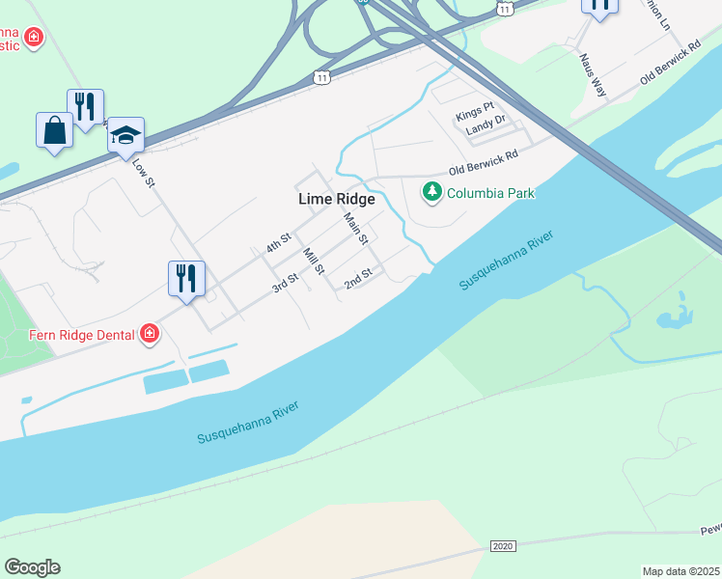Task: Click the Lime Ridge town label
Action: (x=336, y=199)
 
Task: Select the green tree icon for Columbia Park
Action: (x=431, y=193)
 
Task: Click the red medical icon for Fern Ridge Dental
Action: (x=149, y=334)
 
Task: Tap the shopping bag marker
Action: (x=54, y=131)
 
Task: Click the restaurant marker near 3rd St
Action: (x=185, y=279)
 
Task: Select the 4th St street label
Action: (x=280, y=242)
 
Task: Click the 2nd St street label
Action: (x=358, y=278)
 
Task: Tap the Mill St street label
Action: (x=313, y=262)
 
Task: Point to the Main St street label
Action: (x=356, y=229)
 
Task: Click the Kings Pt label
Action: (x=474, y=117)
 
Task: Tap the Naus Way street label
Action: (x=593, y=75)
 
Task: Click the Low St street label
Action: (x=142, y=172)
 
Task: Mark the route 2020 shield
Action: (x=502, y=546)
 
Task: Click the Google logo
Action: (x=32, y=567)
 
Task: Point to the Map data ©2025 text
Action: (x=681, y=570)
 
